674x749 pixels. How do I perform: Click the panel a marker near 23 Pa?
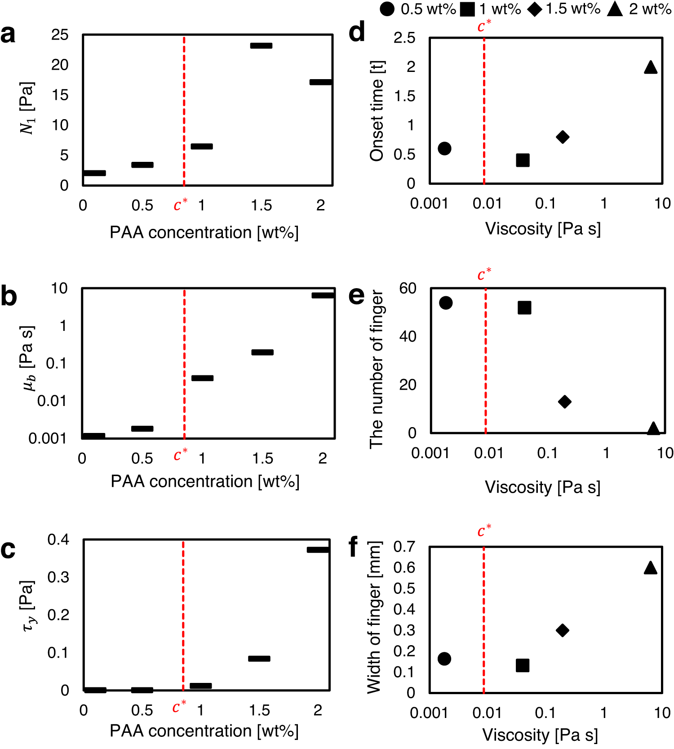(x=261, y=45)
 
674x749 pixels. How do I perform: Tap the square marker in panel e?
(x=524, y=308)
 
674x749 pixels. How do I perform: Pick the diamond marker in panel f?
(x=563, y=630)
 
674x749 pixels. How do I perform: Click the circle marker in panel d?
(x=444, y=148)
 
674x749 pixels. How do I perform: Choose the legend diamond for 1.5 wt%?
(x=535, y=9)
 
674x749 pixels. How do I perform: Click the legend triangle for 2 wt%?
(x=615, y=9)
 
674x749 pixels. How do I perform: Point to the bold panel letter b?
(x=9, y=296)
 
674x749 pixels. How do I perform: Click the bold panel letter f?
(x=354, y=547)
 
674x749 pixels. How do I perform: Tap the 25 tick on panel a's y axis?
(x=60, y=35)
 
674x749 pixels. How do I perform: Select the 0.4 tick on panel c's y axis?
(x=58, y=539)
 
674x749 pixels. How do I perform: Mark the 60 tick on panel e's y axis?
(x=408, y=288)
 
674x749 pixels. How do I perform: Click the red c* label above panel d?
(x=484, y=26)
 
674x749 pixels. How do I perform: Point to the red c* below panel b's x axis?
(x=180, y=455)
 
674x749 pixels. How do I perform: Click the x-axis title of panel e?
(x=542, y=487)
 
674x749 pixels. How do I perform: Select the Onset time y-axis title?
(x=377, y=111)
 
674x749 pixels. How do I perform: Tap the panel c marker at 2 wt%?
(x=318, y=549)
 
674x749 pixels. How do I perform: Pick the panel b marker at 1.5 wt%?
(x=262, y=352)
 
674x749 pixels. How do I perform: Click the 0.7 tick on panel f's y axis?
(x=404, y=547)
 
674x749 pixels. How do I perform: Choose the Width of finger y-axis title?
(x=374, y=617)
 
